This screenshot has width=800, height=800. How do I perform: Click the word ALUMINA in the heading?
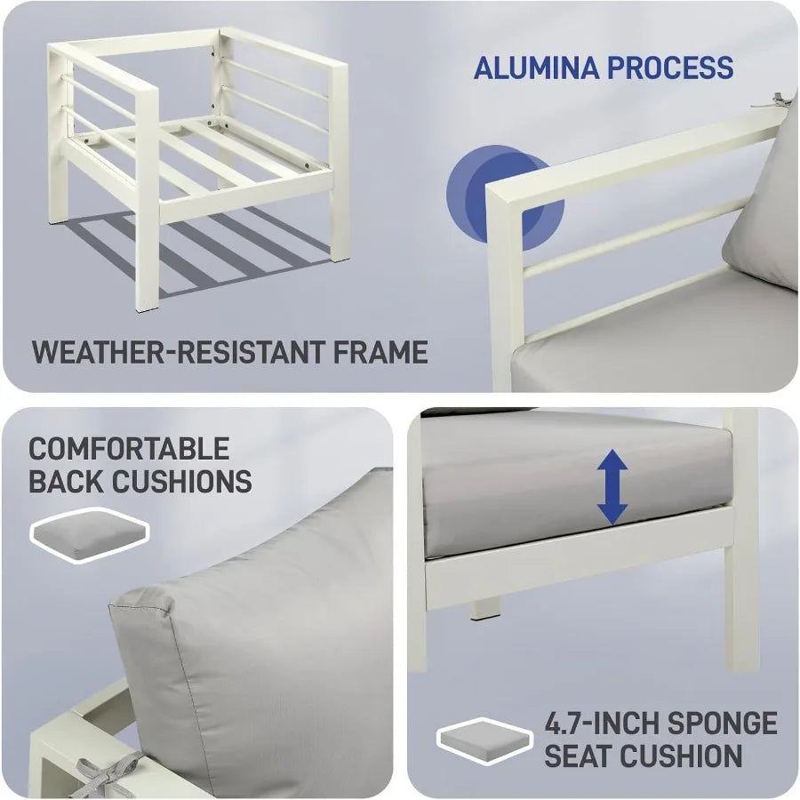point(536,68)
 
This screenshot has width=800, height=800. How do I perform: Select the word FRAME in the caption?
point(380,352)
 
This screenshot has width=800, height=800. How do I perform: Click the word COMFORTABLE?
point(129,449)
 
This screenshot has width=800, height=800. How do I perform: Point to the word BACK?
point(67,481)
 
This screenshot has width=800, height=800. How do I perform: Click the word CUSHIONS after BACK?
point(182,481)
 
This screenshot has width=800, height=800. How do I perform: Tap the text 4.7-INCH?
point(602,724)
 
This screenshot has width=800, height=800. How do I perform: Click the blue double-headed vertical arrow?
point(612,487)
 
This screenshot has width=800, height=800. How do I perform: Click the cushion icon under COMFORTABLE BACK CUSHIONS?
point(90,535)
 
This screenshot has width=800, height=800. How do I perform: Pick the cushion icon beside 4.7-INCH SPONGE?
point(484,741)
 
